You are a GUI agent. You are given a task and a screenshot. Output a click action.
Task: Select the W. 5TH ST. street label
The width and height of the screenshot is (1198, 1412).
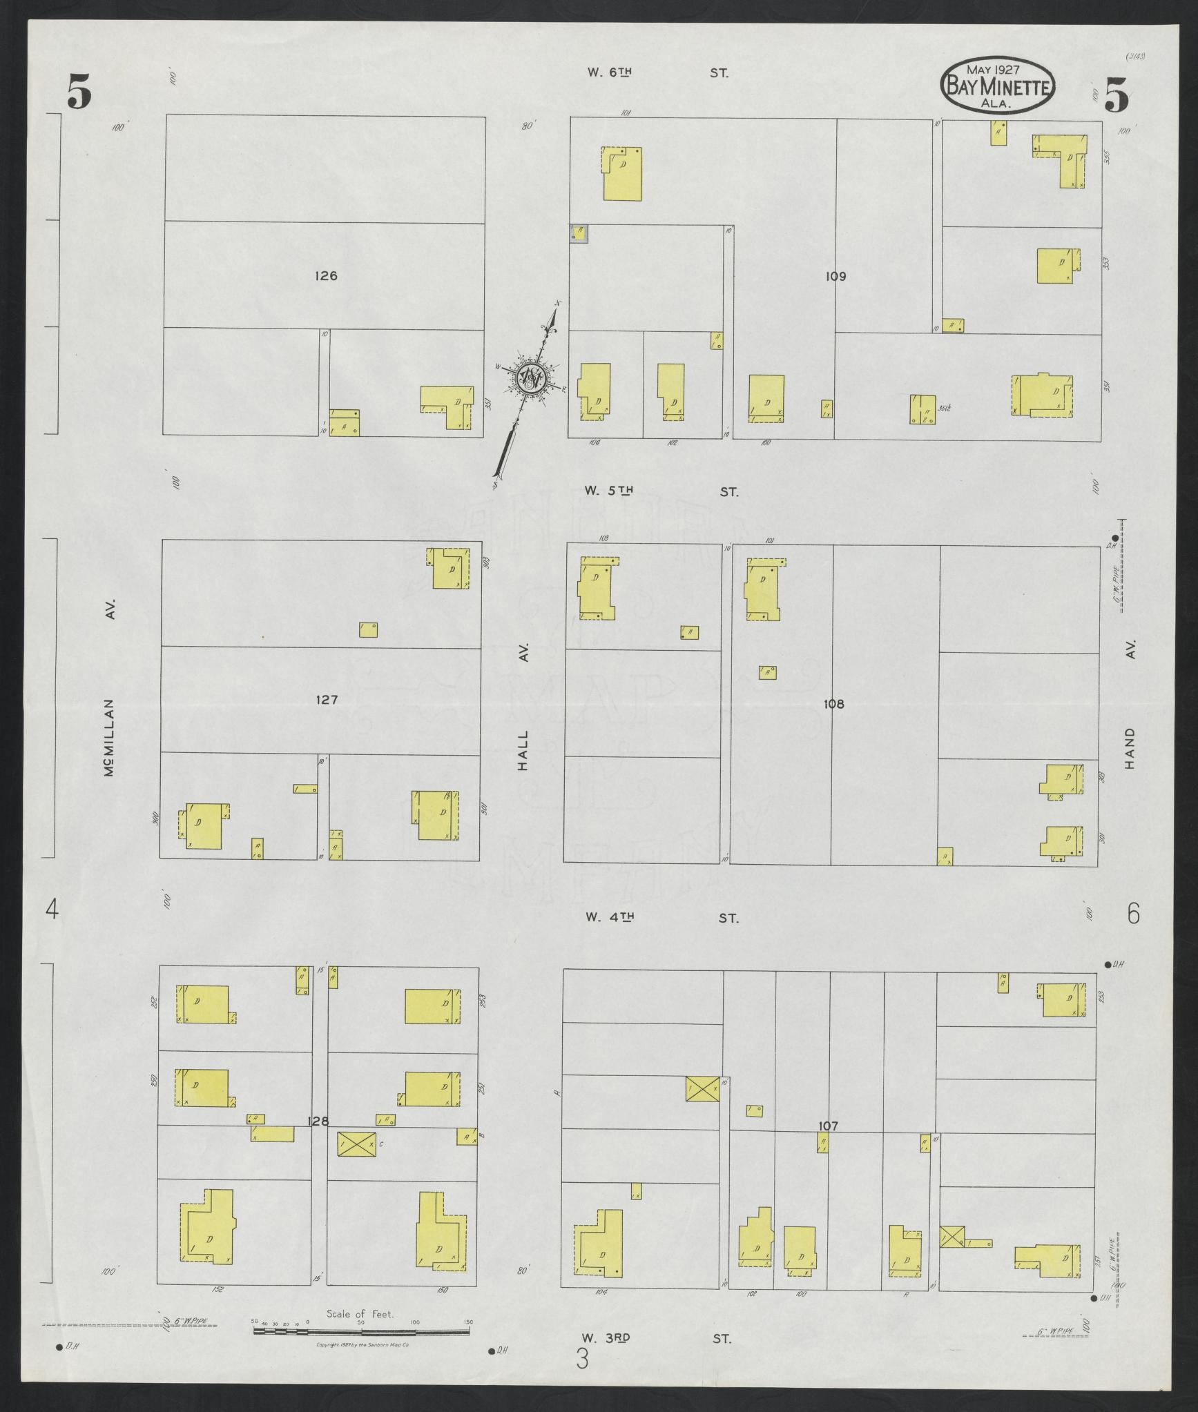[661, 491]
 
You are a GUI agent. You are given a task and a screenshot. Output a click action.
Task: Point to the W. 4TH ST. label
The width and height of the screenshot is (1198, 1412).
[661, 918]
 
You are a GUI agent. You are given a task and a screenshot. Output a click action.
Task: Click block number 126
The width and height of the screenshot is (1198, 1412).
[325, 276]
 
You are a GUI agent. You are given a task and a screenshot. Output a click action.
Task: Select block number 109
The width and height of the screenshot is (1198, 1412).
[835, 277]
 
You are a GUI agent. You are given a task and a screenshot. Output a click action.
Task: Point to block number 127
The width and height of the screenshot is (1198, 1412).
[326, 700]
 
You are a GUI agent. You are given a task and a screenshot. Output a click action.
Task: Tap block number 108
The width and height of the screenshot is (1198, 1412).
[834, 705]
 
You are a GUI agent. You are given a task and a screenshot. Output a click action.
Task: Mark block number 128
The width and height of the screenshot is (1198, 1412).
[318, 1141]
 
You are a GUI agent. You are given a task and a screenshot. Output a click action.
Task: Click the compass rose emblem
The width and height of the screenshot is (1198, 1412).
[530, 378]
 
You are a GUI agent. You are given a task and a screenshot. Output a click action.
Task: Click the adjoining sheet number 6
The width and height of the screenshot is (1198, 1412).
[1133, 914]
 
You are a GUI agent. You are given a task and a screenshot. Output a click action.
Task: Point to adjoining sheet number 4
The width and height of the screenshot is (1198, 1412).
[52, 911]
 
